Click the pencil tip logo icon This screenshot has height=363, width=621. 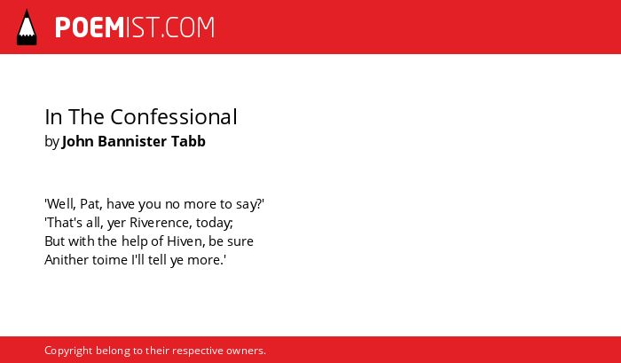pos(27,27)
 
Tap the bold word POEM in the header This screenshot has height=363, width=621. pos(90,28)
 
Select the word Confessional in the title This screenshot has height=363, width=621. pos(174,117)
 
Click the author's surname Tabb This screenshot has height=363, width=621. pos(188,141)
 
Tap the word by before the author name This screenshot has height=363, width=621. pos(51,142)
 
